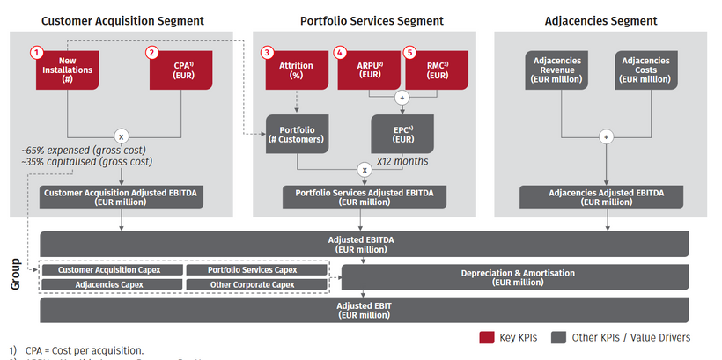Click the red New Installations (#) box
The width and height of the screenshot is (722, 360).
coord(67,70)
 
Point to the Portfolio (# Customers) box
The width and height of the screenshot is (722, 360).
coord(297,136)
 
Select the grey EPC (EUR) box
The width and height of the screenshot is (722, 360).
coord(402,134)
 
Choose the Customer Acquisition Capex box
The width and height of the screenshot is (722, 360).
coord(112,270)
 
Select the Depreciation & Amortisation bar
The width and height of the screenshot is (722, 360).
coord(517,277)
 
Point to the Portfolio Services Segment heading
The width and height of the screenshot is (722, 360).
coord(372,20)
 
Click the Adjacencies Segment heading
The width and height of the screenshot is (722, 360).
coord(602,20)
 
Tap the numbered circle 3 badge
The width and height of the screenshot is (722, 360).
coord(268,53)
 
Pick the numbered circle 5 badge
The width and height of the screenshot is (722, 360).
coord(409,53)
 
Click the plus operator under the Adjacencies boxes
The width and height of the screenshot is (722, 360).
coord(605,137)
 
